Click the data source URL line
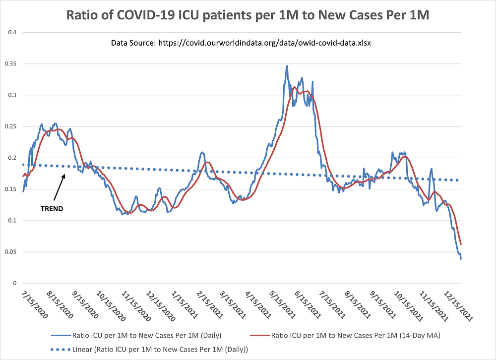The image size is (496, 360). click(x=241, y=43)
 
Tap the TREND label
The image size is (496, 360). click(x=52, y=209)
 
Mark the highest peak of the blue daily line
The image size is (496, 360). click(x=287, y=65)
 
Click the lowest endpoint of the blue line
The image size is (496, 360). click(x=461, y=259)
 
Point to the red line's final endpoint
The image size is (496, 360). click(x=461, y=244)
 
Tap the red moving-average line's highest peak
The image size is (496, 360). click(x=295, y=87)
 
